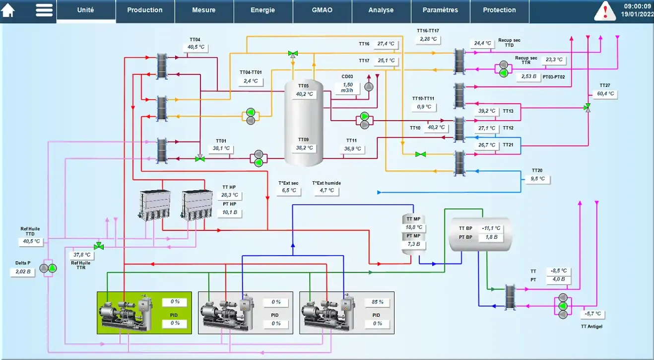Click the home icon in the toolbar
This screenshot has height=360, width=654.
tap(8, 10)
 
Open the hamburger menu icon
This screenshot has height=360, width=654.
tap(44, 10)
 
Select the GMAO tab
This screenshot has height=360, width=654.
tap(322, 10)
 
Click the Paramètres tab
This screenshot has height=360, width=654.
tap(440, 10)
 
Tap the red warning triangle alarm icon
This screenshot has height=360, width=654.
tap(605, 11)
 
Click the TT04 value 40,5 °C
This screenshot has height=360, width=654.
tap(196, 47)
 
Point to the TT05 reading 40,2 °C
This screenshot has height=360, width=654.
tap(304, 94)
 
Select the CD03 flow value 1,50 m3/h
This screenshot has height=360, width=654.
tap(347, 87)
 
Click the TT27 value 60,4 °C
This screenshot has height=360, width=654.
tap(605, 94)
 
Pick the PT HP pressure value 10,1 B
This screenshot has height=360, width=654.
tap(229, 213)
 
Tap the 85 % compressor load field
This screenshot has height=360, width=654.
tap(378, 302)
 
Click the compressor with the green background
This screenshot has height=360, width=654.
tap(126, 313)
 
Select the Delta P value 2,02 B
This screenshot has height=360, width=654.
tap(23, 272)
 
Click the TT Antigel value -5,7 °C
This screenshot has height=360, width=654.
tap(592, 314)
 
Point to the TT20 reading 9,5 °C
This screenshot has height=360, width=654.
tap(537, 179)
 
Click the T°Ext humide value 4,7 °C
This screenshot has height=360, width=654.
tap(327, 191)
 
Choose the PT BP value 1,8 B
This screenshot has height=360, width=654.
tap(491, 237)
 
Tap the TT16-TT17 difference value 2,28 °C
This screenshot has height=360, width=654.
tap(428, 39)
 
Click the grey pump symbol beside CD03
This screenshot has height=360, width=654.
tap(369, 87)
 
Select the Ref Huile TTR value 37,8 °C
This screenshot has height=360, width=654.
tap(82, 255)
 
